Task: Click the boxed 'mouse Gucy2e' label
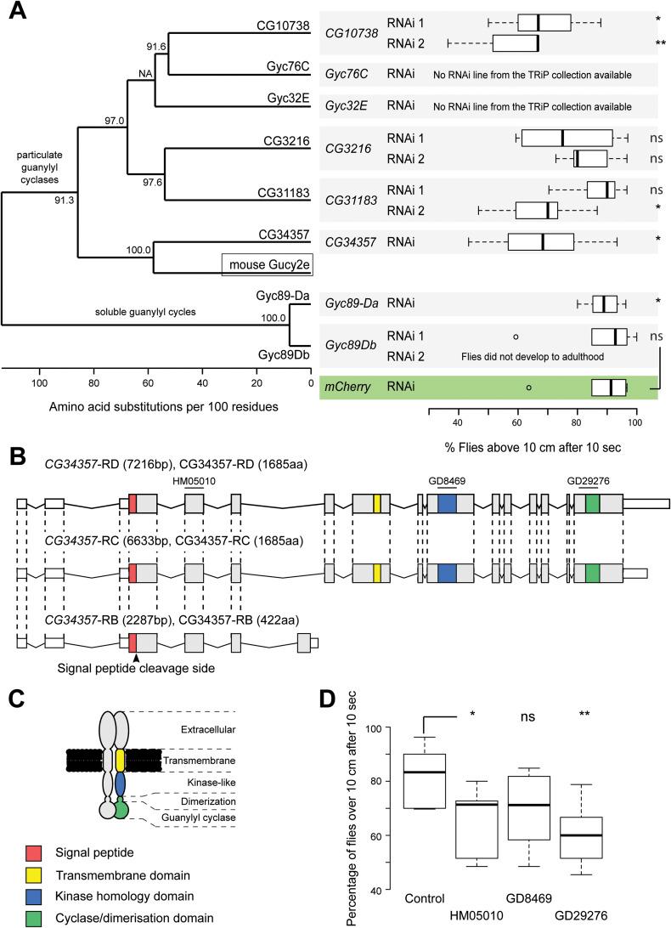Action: (268, 264)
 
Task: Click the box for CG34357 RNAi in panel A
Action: (541, 242)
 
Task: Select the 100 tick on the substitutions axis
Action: (39, 382)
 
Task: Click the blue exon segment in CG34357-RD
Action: (447, 503)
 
